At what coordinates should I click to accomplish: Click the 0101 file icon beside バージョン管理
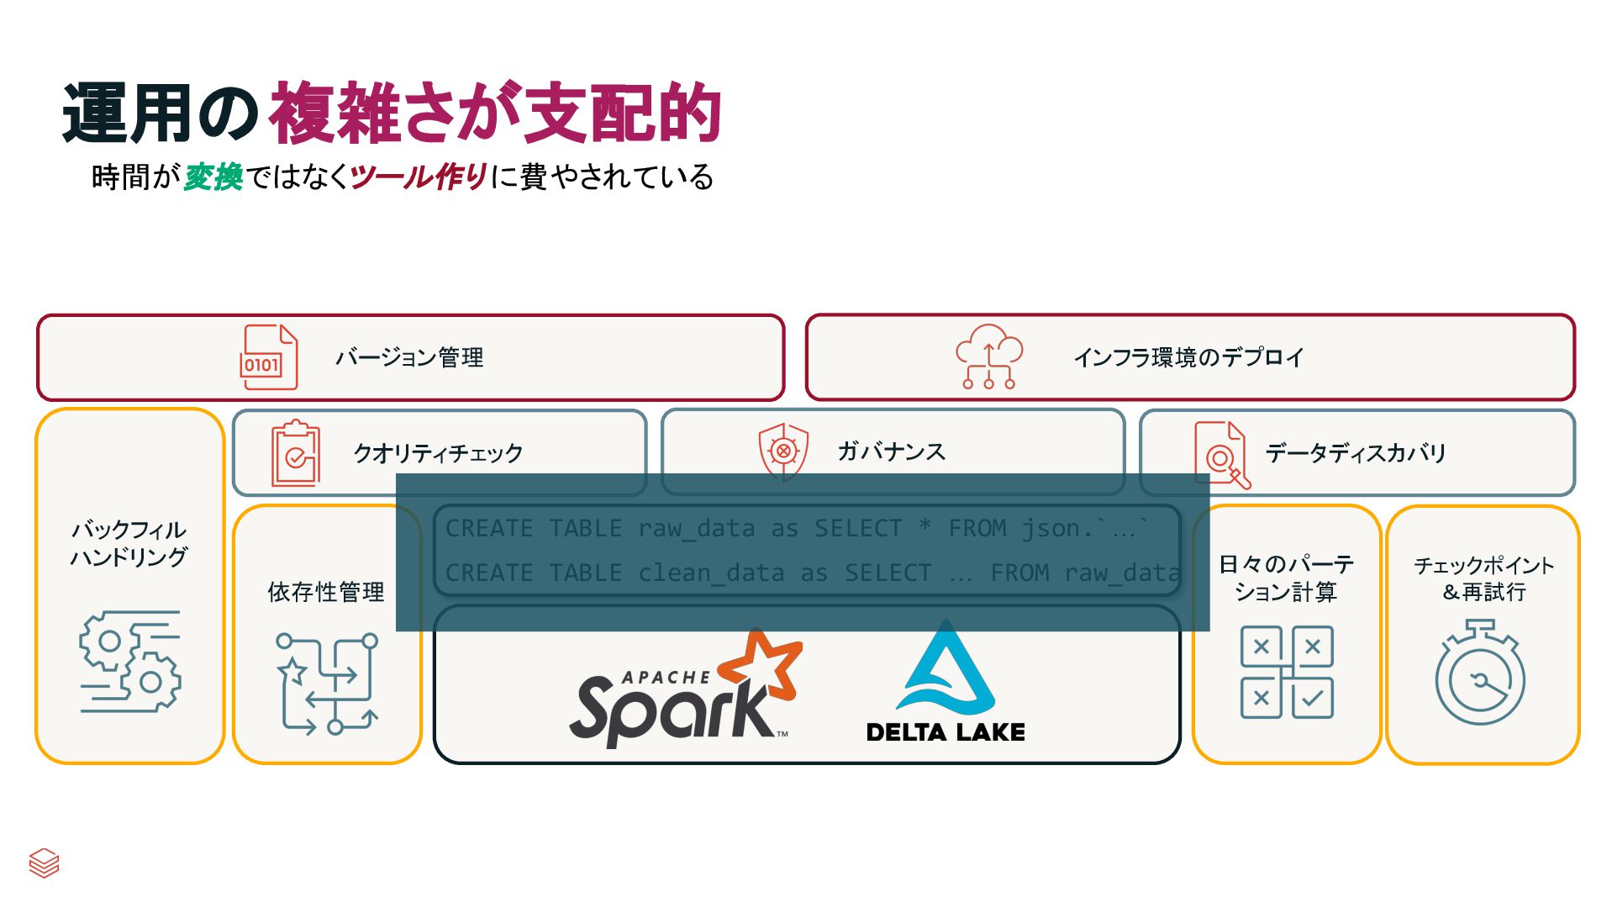click(268, 357)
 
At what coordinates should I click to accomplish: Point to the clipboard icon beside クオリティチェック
click(295, 453)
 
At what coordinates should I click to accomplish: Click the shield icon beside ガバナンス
click(783, 451)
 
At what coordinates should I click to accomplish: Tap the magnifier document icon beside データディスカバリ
click(1221, 454)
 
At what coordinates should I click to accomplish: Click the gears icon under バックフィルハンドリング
click(130, 662)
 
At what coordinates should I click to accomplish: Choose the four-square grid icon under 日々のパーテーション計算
click(1287, 672)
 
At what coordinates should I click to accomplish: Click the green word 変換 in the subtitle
click(213, 177)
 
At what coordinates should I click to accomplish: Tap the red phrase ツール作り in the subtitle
click(419, 177)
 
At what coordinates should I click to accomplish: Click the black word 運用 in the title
click(126, 113)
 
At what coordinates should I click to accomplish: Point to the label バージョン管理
click(409, 358)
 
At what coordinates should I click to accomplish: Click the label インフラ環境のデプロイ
click(1188, 358)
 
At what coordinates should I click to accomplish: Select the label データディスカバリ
click(1355, 454)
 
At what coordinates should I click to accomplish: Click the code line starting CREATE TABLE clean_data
click(811, 573)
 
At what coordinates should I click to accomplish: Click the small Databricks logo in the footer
click(44, 863)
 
